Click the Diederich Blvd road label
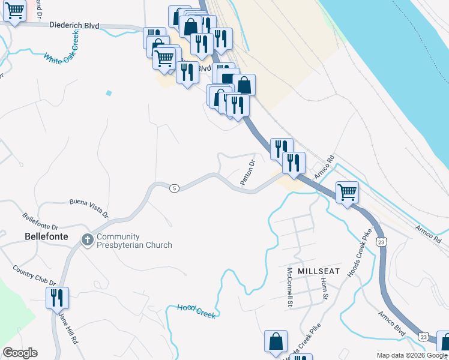click(x=74, y=26)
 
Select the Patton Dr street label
click(x=248, y=172)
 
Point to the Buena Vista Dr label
click(x=89, y=207)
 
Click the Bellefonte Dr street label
click(x=40, y=221)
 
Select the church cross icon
click(x=87, y=240)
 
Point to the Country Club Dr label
click(x=34, y=275)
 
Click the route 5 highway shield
click(x=173, y=188)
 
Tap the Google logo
click(x=20, y=353)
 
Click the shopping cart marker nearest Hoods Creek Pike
click(x=347, y=193)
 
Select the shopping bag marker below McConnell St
click(x=276, y=341)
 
